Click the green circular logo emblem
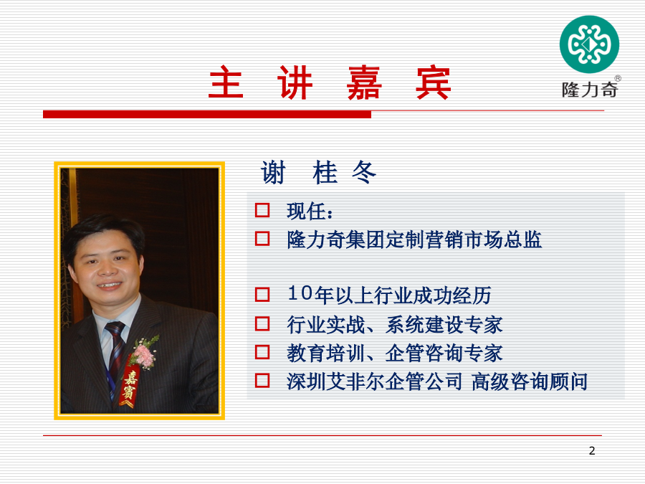tap(589, 44)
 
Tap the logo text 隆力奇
tap(590, 90)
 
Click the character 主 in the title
tap(226, 82)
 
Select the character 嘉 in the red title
tap(364, 82)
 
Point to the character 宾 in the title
tap(434, 82)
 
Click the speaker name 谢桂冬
tap(318, 172)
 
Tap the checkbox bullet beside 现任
tap(262, 210)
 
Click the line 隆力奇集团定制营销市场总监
tap(414, 239)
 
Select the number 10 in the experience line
tap(300, 293)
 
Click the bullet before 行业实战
tap(262, 324)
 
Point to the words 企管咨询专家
tap(444, 353)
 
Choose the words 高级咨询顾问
tap(530, 381)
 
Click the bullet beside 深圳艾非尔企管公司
tap(262, 381)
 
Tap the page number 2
tap(592, 451)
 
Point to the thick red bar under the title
tap(207, 115)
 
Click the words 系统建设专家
tap(444, 325)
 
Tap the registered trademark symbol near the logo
tap(618, 78)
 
